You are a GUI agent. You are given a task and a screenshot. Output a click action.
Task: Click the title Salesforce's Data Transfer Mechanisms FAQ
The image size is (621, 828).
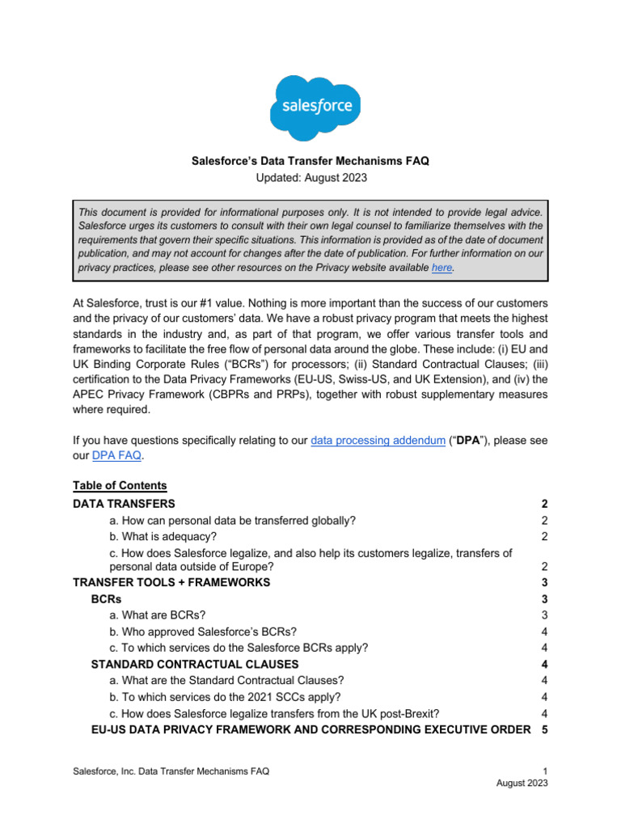coord(310,161)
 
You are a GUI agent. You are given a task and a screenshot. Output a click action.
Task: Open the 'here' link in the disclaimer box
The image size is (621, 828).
coord(442,268)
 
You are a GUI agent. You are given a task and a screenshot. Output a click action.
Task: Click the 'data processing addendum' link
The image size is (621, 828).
coord(378,441)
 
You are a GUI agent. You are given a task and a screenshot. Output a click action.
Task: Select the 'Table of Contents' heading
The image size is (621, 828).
coord(120,486)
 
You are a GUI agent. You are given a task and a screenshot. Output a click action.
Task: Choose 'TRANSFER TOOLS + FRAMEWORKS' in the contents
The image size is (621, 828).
coord(171,582)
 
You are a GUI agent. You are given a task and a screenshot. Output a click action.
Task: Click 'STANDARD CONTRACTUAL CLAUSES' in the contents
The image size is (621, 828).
coord(195,665)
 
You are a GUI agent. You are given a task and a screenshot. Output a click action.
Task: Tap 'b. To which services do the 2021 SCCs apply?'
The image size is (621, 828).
coord(225,696)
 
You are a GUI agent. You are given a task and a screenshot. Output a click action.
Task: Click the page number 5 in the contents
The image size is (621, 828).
coord(544,729)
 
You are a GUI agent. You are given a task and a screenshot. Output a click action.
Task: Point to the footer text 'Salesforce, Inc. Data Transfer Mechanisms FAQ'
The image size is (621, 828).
coord(171,772)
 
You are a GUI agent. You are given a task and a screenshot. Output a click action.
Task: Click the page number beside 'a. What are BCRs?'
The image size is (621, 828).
coord(545,615)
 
